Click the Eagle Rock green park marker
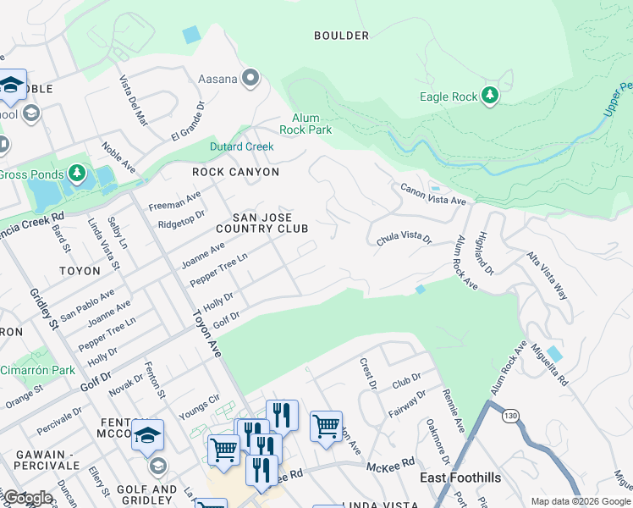pyautogui.click(x=490, y=96)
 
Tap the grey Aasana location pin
pyautogui.click(x=250, y=80)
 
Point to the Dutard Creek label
pyautogui.click(x=242, y=146)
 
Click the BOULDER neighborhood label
pyautogui.click(x=341, y=36)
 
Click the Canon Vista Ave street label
pyautogui.click(x=433, y=195)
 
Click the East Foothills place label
pyautogui.click(x=460, y=478)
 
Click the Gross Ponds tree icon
pyautogui.click(x=78, y=174)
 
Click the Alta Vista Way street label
pyautogui.click(x=548, y=276)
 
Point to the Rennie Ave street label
pyautogui.click(x=454, y=410)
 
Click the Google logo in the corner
pyautogui.click(x=28, y=498)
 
